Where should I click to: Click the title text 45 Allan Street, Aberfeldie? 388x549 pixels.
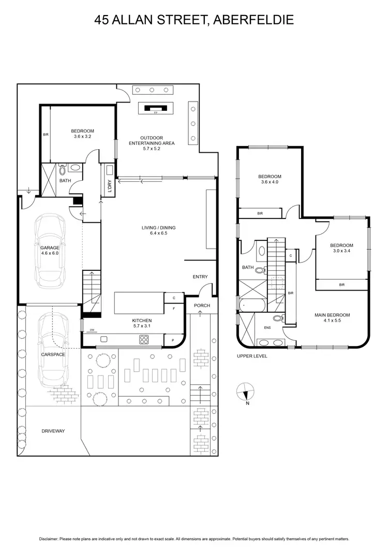[194, 20]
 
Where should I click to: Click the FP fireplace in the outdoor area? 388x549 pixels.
[155, 109]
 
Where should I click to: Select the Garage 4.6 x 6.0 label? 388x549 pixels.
[50, 251]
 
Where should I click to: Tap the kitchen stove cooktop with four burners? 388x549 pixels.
[144, 340]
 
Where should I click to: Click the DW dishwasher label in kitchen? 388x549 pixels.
[92, 330]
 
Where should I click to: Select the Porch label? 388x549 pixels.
[202, 306]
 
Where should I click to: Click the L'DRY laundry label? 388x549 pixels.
[109, 185]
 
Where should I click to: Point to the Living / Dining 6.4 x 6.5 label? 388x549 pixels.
[159, 230]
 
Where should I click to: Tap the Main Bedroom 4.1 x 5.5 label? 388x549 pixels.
[333, 318]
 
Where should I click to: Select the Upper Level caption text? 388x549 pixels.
[252, 356]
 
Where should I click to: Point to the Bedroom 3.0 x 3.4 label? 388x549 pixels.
[342, 249]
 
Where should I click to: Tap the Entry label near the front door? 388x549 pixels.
[200, 277]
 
